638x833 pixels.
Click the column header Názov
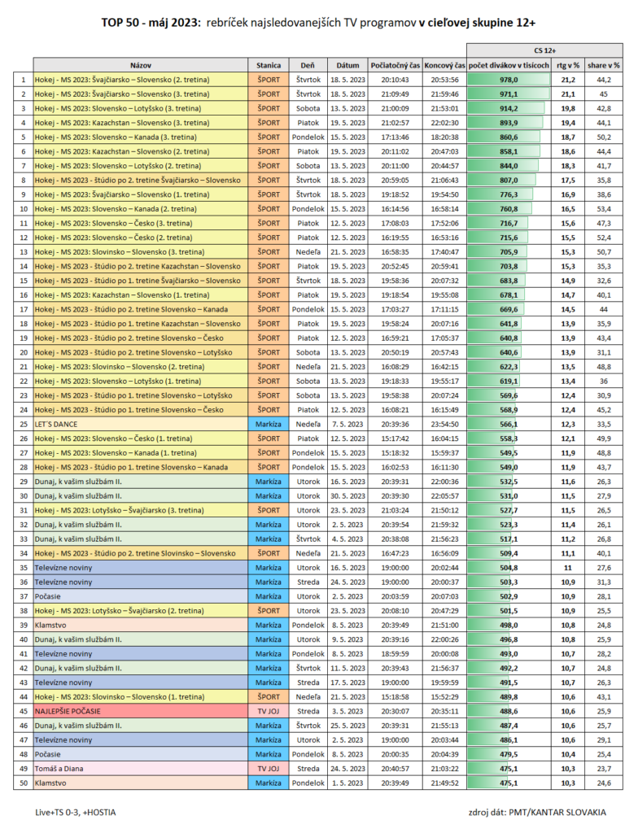pyautogui.click(x=141, y=64)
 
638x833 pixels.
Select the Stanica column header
pyautogui.click(x=268, y=64)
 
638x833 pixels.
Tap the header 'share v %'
pyautogui.click(x=604, y=64)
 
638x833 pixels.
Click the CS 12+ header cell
pyautogui.click(x=544, y=50)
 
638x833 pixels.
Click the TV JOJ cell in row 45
pyautogui.click(x=268, y=711)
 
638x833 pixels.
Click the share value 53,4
pyautogui.click(x=604, y=209)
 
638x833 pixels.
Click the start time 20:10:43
pyautogui.click(x=395, y=80)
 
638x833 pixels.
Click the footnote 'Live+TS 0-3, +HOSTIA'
pyautogui.click(x=76, y=812)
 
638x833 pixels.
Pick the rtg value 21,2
pyautogui.click(x=567, y=80)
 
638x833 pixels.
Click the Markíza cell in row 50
pyautogui.click(x=268, y=783)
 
